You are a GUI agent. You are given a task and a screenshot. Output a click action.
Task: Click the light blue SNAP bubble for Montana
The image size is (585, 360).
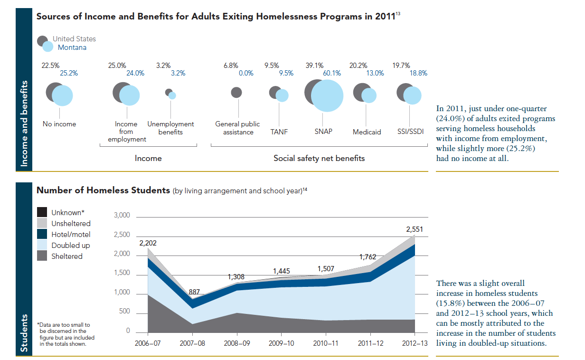(327, 95)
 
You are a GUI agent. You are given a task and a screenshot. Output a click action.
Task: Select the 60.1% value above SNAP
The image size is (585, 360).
(332, 73)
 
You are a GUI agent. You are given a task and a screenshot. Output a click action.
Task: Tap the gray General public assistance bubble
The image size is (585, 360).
(236, 92)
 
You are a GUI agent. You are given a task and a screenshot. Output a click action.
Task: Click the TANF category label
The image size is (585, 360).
(279, 132)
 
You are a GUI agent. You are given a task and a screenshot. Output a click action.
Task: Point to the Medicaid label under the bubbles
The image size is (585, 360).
(367, 132)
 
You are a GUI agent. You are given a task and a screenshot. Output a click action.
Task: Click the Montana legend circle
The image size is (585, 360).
(48, 47)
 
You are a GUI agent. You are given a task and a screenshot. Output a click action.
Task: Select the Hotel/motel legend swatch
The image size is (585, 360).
(42, 234)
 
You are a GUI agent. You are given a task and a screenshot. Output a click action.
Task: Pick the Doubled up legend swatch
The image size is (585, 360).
(42, 246)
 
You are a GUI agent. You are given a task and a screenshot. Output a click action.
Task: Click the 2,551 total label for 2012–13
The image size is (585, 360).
(415, 229)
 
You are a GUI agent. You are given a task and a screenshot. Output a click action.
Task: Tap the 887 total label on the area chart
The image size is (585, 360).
(195, 292)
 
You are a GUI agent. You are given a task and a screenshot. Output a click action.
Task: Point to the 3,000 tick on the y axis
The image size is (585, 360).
(122, 216)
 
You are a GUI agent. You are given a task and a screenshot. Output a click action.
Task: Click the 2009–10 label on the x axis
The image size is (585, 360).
(282, 342)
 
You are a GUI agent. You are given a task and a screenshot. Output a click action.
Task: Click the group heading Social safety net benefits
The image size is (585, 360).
(319, 158)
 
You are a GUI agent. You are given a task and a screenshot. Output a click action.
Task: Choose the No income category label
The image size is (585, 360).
(59, 124)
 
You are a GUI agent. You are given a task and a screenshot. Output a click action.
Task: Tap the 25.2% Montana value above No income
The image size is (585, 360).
(69, 73)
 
